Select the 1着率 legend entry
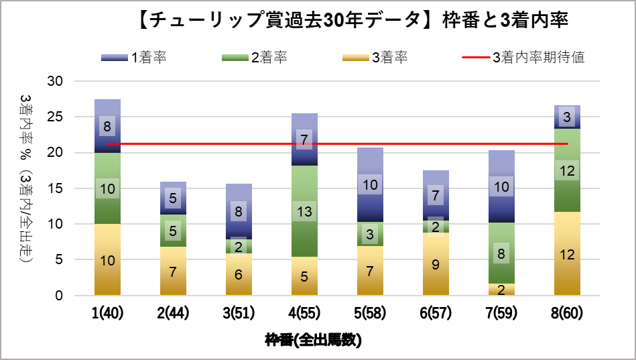(x=133, y=58)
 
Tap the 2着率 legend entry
(x=255, y=58)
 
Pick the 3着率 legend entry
(x=375, y=58)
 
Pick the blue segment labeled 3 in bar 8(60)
(x=567, y=117)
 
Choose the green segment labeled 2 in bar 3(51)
(x=239, y=247)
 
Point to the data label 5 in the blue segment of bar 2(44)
(x=173, y=198)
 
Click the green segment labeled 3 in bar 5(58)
(x=370, y=234)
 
